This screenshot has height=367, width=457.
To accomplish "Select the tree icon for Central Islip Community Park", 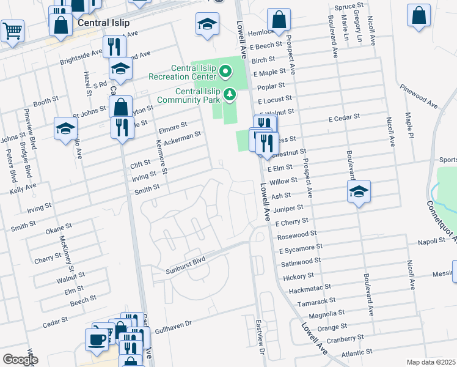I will pos(230,94).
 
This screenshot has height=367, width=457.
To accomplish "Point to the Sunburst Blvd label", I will pos(185,265).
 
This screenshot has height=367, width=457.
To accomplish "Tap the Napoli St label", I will pos(431,242).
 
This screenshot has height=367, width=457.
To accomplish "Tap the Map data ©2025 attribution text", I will pos(431,362).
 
